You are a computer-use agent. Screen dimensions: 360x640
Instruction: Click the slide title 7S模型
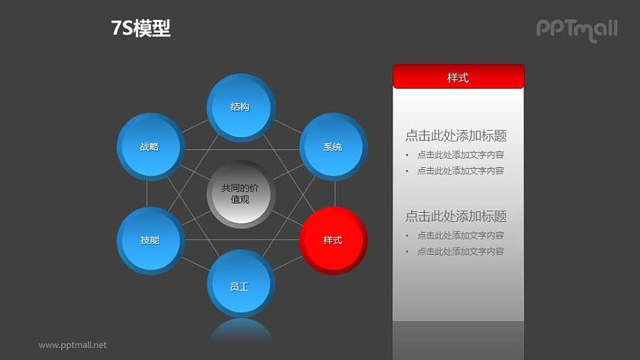(x=141, y=28)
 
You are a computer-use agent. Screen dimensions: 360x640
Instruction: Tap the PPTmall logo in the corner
(x=576, y=29)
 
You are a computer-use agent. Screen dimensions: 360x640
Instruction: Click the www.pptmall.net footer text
(x=73, y=345)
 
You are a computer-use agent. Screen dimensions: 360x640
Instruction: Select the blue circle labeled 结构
(x=240, y=107)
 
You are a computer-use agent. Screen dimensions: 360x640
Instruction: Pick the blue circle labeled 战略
(x=149, y=147)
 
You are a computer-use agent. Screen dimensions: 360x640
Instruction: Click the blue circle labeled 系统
(x=333, y=147)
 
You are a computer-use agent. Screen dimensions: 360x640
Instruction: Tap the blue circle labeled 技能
(x=150, y=240)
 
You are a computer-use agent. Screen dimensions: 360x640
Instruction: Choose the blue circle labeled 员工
(x=240, y=286)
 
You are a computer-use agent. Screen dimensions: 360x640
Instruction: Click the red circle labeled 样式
(x=333, y=240)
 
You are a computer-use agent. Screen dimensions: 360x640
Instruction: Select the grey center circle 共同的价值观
(x=240, y=194)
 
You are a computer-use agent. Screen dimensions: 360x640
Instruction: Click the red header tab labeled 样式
(x=458, y=77)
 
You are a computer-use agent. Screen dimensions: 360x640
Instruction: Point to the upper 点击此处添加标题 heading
(x=456, y=136)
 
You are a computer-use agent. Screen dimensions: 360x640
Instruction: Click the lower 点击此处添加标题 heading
(x=456, y=216)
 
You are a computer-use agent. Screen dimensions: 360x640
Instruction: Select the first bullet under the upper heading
(x=460, y=154)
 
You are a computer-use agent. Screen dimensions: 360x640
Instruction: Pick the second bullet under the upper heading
(x=460, y=171)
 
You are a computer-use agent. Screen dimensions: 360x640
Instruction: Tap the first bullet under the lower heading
(x=460, y=235)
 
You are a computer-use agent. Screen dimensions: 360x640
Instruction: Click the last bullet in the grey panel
(x=460, y=251)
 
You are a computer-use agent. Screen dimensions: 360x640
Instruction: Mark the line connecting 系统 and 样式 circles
(x=335, y=194)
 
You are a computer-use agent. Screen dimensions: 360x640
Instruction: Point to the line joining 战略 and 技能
(x=147, y=194)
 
